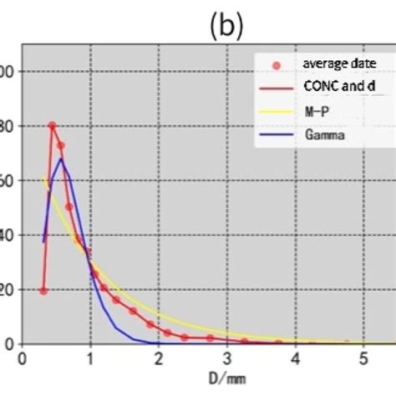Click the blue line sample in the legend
click(x=277, y=133)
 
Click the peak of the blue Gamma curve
click(x=60, y=159)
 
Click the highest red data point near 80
click(x=52, y=126)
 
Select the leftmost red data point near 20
click(x=43, y=290)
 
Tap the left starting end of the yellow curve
click(x=43, y=176)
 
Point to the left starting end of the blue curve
click(x=43, y=242)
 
